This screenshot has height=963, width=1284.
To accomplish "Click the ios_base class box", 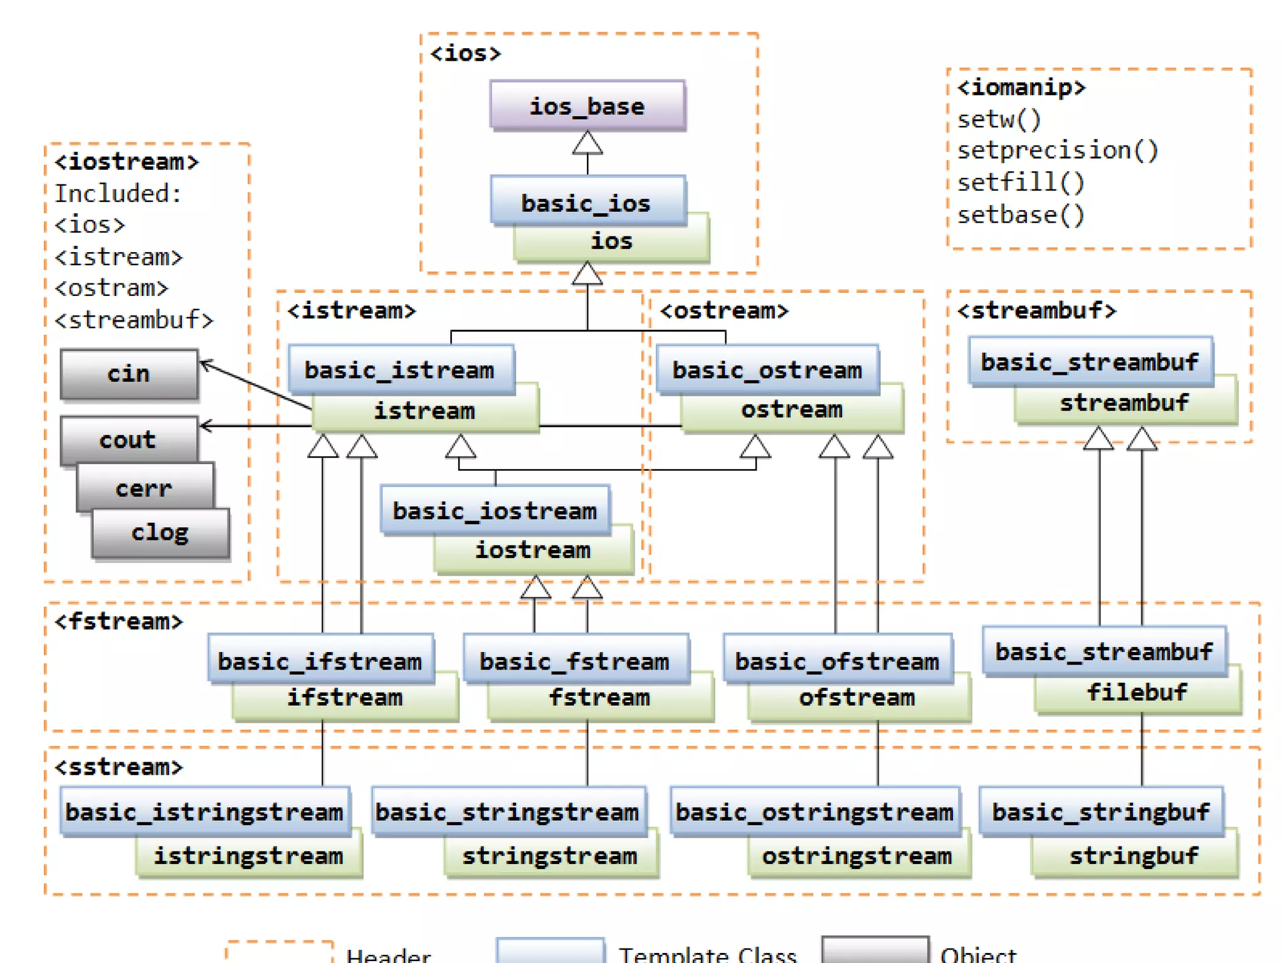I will coord(587,105).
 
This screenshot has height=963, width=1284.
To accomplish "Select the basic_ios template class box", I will coord(587,202).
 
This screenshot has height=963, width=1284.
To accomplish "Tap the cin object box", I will coord(129,374).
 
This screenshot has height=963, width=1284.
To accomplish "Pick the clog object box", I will coord(160,533).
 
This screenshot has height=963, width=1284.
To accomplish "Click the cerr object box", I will coord(144,488).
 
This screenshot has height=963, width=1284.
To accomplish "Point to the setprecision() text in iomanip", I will coord(1058,150).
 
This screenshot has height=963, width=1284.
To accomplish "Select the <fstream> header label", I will coord(118,621).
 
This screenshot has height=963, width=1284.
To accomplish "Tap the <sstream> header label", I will coord(118,767).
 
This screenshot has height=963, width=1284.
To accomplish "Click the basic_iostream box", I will coord(495,510).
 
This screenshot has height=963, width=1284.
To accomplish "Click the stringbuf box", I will coord(1134,856).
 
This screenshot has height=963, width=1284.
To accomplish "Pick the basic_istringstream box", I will coord(204,811).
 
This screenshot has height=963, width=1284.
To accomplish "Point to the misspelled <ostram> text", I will coord(112,288).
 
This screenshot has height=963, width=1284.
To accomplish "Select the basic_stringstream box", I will coord(508,811).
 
